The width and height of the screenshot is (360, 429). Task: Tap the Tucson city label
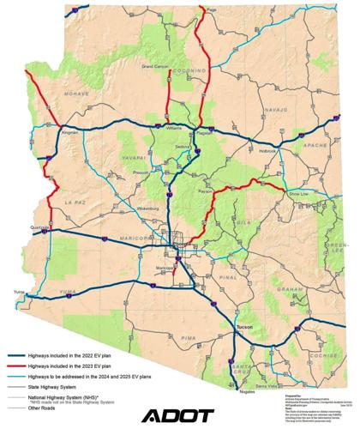pyautogui.click(x=245, y=327)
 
